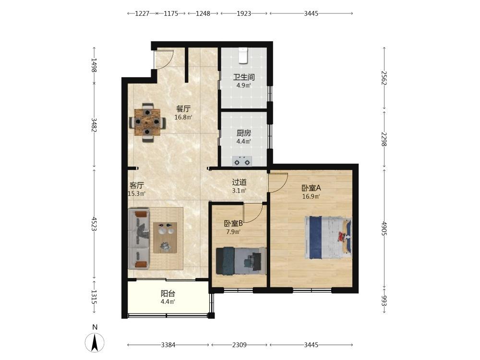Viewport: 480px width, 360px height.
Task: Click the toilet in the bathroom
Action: (x=243, y=55)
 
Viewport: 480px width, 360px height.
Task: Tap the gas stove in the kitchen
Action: (x=242, y=161)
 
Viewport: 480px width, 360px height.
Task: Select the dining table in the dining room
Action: (x=147, y=122)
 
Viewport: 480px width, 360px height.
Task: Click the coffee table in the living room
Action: (x=165, y=238)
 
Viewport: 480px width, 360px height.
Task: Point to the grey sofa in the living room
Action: (x=139, y=239)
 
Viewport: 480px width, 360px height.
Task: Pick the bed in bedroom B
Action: (x=240, y=261)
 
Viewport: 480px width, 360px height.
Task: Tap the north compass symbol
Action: (x=95, y=342)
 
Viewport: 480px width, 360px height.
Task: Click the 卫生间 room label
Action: (x=244, y=77)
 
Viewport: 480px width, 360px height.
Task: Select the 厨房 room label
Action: (x=244, y=133)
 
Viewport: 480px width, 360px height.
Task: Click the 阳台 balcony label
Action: (x=168, y=294)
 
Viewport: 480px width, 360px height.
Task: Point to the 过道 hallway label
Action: (x=239, y=182)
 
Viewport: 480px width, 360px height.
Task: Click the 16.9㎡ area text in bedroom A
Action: (x=311, y=196)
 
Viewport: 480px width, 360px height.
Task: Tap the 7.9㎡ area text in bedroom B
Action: (x=233, y=232)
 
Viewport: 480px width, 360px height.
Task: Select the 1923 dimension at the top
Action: (x=244, y=13)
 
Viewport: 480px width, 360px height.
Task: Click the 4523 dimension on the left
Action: (x=94, y=224)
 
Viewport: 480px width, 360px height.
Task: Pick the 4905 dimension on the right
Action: (x=384, y=228)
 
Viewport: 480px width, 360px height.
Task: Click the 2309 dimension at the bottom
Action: (x=239, y=345)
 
